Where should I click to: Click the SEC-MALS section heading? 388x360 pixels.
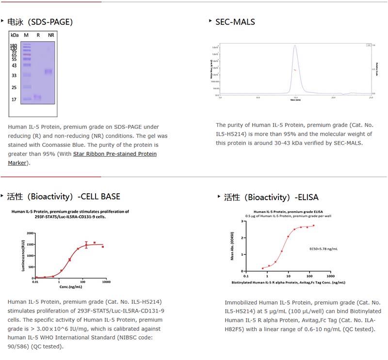(x=235, y=22)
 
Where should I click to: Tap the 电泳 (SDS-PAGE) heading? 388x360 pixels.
(x=39, y=22)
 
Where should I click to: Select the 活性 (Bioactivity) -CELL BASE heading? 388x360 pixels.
(x=63, y=196)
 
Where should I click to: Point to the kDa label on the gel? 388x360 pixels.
(x=15, y=35)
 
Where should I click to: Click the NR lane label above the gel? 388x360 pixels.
(x=51, y=35)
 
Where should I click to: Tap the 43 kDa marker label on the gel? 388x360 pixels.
(x=15, y=65)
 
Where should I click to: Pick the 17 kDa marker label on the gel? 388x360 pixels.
(x=15, y=100)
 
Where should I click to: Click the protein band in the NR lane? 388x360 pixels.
(x=48, y=72)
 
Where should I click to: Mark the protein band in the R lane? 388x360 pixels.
(x=37, y=97)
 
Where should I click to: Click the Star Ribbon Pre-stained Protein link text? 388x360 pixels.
(x=115, y=154)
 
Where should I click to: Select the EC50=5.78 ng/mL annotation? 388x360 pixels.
(x=323, y=249)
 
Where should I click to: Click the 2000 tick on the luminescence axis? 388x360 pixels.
(x=30, y=233)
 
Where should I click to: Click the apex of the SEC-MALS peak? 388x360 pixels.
(x=294, y=46)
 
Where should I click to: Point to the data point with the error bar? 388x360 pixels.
(x=86, y=245)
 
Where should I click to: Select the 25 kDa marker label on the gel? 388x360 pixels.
(x=15, y=88)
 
